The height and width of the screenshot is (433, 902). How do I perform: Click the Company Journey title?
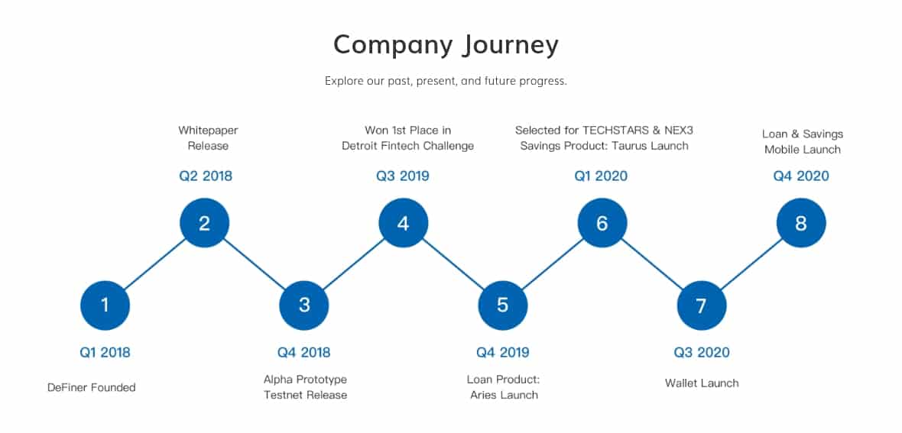[x=446, y=45]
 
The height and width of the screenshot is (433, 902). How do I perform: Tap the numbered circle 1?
[x=105, y=305]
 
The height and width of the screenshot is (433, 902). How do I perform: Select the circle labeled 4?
[x=404, y=223]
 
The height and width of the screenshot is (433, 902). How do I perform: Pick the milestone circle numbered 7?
[x=702, y=305]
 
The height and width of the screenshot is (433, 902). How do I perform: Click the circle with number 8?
[x=801, y=223]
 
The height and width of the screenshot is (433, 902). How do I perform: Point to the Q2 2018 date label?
[x=206, y=176]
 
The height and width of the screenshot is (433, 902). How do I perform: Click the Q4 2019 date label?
[x=503, y=352]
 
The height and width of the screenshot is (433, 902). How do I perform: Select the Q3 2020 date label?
[x=702, y=352]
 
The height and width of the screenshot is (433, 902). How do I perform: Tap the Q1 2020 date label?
[x=601, y=176]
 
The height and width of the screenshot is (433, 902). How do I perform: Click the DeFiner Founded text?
[x=92, y=388]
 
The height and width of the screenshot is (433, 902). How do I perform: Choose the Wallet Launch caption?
[x=702, y=383]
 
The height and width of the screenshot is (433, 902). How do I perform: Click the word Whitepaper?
[x=208, y=131]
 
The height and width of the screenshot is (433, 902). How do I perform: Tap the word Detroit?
[x=361, y=146]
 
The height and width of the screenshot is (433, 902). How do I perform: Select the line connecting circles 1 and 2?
[x=154, y=264]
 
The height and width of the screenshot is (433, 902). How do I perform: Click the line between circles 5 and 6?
[x=552, y=264]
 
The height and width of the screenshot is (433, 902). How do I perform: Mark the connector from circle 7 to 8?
[x=751, y=264]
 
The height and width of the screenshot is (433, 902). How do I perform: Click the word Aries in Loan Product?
[x=484, y=395]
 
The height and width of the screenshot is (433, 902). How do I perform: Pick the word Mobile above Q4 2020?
[x=782, y=150]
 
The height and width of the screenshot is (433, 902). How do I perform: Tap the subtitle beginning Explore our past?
[x=446, y=81]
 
